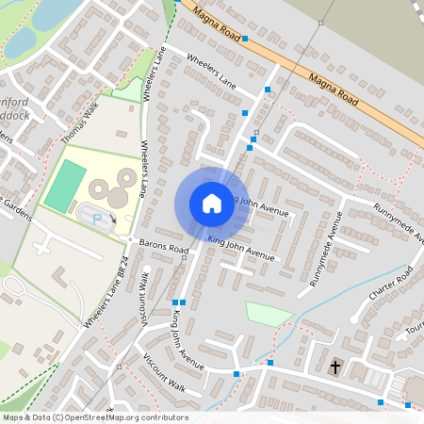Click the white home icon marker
[212, 204]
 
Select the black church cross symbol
[335, 366]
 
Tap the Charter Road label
[391, 284]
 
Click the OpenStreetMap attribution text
[94, 416]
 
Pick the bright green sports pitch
[65, 186]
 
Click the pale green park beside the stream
[269, 314]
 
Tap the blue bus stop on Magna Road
[245, 39]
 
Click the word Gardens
[16, 203]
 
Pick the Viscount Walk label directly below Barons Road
[144, 293]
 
